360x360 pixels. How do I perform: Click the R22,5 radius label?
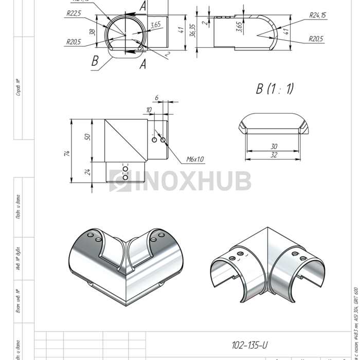tap(74, 14)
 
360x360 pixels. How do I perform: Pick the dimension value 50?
tap(87, 137)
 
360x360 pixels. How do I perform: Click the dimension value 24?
tap(87, 172)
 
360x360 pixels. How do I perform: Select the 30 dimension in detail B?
tap(274, 147)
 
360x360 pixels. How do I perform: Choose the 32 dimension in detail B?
tap(274, 154)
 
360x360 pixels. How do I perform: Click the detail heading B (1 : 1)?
tap(275, 89)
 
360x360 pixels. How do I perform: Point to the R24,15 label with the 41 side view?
tap(318, 15)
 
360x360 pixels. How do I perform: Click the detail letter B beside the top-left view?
tap(95, 61)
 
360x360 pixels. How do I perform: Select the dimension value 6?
tap(157, 97)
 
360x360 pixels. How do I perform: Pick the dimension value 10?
tap(149, 110)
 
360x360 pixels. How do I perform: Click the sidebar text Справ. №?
tap(18, 87)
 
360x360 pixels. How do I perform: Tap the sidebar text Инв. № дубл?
tap(18, 257)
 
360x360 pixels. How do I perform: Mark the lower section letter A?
tap(142, 64)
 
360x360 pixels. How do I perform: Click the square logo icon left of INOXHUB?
tap(119, 181)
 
